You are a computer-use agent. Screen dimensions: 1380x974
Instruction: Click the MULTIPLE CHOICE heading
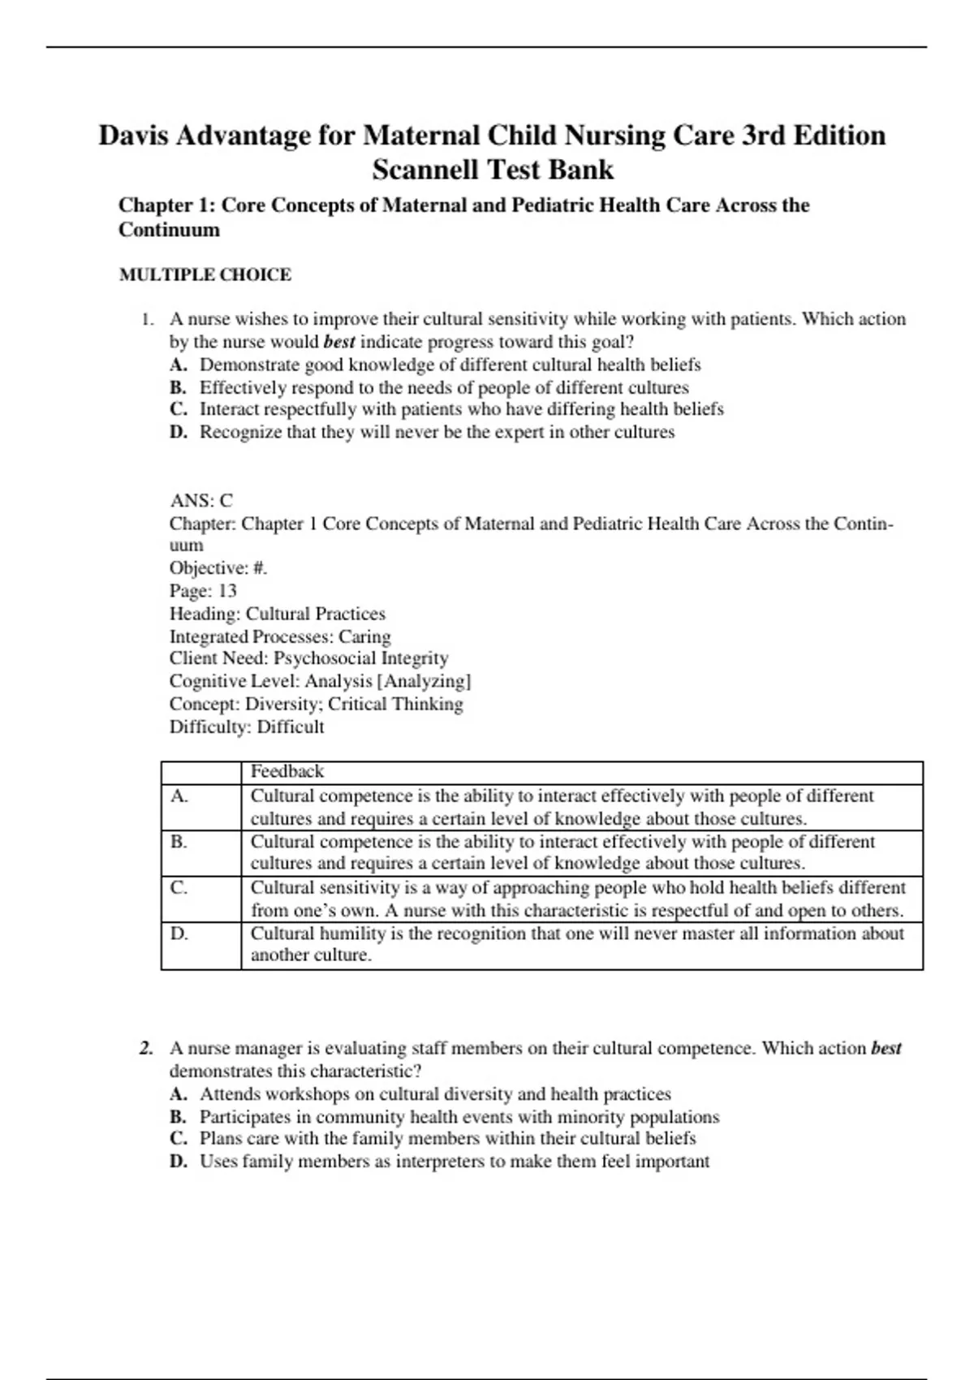[x=205, y=274]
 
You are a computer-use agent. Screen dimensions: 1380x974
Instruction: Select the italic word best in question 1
[x=338, y=342]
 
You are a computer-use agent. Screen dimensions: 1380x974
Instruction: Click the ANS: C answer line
[x=201, y=500]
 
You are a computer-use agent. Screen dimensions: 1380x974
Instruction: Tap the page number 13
[x=227, y=591]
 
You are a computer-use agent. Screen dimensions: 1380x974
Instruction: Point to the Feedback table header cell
[x=287, y=771]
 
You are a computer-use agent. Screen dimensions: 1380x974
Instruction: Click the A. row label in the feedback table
[x=179, y=796]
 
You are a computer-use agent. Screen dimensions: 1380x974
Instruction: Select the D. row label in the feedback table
[x=179, y=934]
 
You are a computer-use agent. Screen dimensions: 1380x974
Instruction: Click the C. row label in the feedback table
[x=179, y=887]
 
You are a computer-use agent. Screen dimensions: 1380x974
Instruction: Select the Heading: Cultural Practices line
[x=277, y=614]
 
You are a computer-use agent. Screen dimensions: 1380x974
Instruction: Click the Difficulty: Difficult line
[x=246, y=727]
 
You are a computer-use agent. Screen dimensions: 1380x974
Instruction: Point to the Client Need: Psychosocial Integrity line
[x=308, y=658]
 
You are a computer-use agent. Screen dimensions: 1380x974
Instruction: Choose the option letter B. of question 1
[x=179, y=388]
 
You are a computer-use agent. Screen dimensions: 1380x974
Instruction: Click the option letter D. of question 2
[x=179, y=1162]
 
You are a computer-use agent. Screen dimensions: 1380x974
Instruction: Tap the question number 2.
[x=146, y=1048]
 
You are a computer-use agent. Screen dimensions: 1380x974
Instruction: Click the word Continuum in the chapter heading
[x=169, y=230]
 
